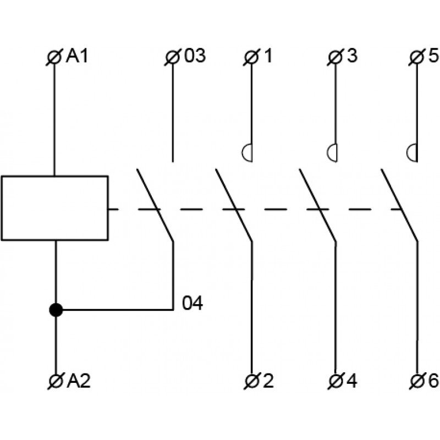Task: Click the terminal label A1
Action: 77,56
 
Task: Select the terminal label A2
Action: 79,381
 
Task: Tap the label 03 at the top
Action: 195,56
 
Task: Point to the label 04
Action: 192,304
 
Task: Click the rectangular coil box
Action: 54,208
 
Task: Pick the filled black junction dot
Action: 56,310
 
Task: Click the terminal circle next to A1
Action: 54,58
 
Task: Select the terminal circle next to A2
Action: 56,381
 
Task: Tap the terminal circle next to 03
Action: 172,58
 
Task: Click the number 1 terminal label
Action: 268,56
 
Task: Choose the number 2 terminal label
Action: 268,381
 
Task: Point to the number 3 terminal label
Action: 353,56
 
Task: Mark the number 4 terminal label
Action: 352,381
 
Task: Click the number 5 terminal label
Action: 433,56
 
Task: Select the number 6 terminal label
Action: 433,381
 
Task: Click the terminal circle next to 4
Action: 335,381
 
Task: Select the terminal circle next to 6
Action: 417,381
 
